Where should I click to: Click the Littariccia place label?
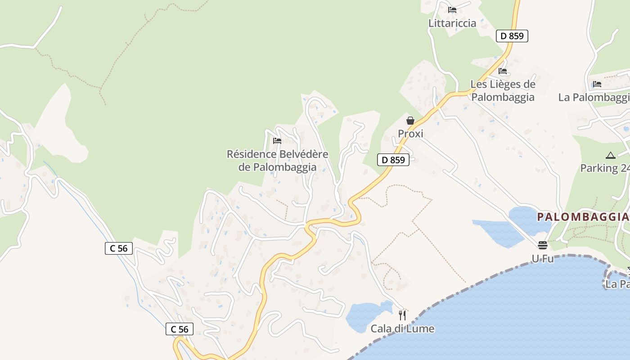pyautogui.click(x=452, y=23)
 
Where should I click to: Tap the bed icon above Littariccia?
pyautogui.click(x=452, y=9)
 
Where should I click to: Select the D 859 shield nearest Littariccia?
pyautogui.click(x=512, y=36)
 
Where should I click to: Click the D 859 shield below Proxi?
pyautogui.click(x=393, y=160)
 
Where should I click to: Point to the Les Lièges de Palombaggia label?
pyautogui.click(x=503, y=90)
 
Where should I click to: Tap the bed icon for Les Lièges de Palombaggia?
pyautogui.click(x=503, y=71)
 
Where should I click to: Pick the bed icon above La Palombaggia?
pyautogui.click(x=597, y=84)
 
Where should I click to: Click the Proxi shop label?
pyautogui.click(x=410, y=134)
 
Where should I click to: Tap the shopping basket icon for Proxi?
pyautogui.click(x=410, y=120)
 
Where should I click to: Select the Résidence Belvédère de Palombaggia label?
pyautogui.click(x=277, y=161)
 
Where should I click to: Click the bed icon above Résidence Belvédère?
pyautogui.click(x=277, y=141)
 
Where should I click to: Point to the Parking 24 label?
pyautogui.click(x=604, y=168)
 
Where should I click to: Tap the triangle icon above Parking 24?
pyautogui.click(x=610, y=155)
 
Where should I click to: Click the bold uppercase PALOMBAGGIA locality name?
pyautogui.click(x=583, y=217)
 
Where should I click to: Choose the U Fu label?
pyautogui.click(x=542, y=259)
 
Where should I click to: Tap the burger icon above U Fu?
pyautogui.click(x=543, y=245)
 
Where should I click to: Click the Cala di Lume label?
pyautogui.click(x=402, y=329)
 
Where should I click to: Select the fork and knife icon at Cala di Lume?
pyautogui.click(x=402, y=315)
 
